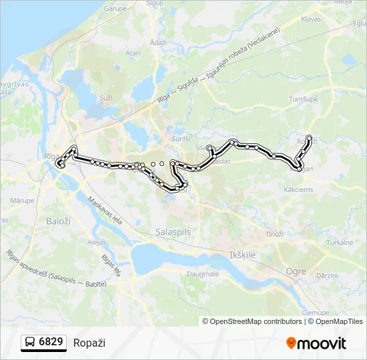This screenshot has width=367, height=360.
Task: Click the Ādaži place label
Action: click(158, 42)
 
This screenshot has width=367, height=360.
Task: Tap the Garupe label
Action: click(115, 9)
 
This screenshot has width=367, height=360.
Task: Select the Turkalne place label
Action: click(340, 243)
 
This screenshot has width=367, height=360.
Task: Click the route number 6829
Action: click(51, 343)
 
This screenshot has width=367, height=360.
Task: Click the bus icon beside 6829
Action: click(31, 343)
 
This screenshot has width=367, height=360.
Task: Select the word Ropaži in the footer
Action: click(89, 343)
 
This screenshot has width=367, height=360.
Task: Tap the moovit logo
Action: click(316, 343)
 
